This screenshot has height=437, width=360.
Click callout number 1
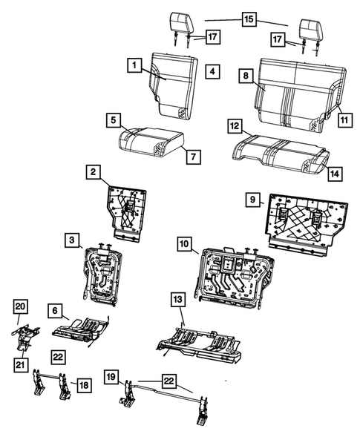134,67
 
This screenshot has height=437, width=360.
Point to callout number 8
246,75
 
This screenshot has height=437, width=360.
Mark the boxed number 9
253,200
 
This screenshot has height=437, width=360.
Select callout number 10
183,243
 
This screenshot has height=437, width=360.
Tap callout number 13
177,300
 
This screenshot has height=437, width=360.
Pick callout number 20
21,307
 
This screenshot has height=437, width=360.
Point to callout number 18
85,384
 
